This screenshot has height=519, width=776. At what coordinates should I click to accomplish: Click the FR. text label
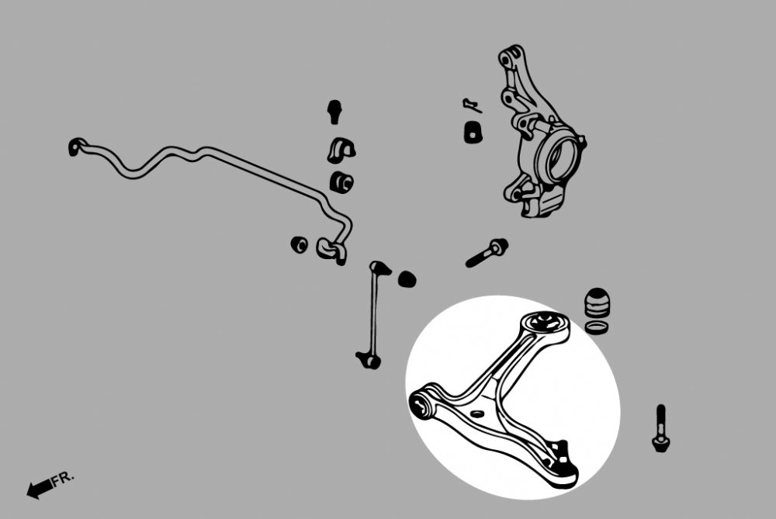[63, 479]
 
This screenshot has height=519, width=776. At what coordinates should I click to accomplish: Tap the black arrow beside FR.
[39, 489]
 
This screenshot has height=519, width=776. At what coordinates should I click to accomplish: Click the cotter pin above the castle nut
[472, 106]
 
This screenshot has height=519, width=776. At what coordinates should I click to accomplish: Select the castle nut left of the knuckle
[473, 132]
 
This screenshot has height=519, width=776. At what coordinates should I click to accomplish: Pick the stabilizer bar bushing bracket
[341, 150]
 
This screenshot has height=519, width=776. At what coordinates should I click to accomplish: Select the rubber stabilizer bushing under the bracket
[341, 182]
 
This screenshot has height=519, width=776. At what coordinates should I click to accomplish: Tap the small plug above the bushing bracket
[335, 111]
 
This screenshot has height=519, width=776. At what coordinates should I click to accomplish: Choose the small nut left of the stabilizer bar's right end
[299, 244]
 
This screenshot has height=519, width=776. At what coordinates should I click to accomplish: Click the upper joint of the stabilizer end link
[380, 268]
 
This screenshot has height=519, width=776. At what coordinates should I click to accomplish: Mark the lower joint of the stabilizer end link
[369, 361]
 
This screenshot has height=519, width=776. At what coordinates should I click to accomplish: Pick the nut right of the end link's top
[407, 279]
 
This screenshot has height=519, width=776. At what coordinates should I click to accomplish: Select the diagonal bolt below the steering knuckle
[487, 252]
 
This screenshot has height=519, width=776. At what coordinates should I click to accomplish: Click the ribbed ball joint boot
[598, 303]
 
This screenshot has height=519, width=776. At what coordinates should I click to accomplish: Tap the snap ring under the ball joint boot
[597, 327]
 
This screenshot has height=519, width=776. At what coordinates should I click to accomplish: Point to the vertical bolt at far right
[660, 428]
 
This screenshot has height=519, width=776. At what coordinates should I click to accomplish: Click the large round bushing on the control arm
[545, 323]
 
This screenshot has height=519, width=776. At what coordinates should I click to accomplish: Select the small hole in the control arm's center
[476, 413]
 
